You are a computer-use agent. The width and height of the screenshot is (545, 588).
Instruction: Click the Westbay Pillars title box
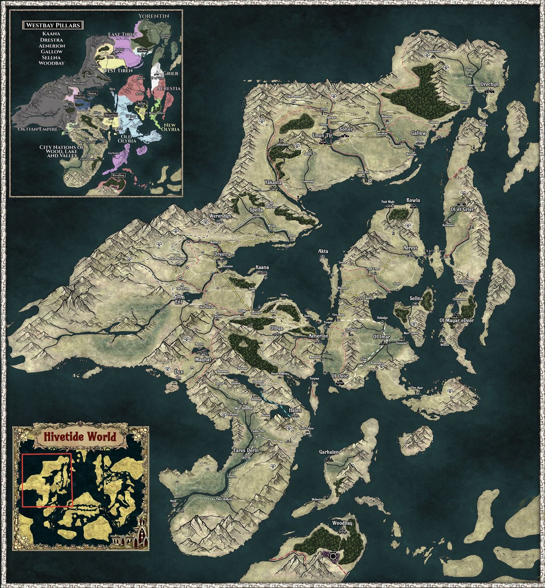(x=53, y=25)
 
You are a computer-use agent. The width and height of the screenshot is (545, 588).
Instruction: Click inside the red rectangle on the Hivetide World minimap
(x=47, y=480)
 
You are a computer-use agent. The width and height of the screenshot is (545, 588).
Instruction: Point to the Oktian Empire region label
(x=37, y=129)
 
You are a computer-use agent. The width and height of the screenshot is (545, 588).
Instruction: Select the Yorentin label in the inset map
(x=154, y=16)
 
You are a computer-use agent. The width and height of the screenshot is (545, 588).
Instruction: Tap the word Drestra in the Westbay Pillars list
(x=52, y=40)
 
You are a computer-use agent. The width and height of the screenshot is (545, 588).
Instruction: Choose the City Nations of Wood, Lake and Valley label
(x=61, y=151)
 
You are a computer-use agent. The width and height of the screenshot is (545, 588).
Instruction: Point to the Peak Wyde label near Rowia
(x=388, y=202)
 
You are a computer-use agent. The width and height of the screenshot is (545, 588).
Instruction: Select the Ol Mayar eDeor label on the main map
(x=456, y=320)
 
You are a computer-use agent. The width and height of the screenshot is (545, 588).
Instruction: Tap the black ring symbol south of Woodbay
(x=333, y=556)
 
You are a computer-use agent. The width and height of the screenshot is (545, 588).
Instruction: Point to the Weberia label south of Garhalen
(x=317, y=499)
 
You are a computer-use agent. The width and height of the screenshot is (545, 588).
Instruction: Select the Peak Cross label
(x=373, y=269)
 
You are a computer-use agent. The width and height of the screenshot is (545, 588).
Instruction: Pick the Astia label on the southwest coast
(x=173, y=501)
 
